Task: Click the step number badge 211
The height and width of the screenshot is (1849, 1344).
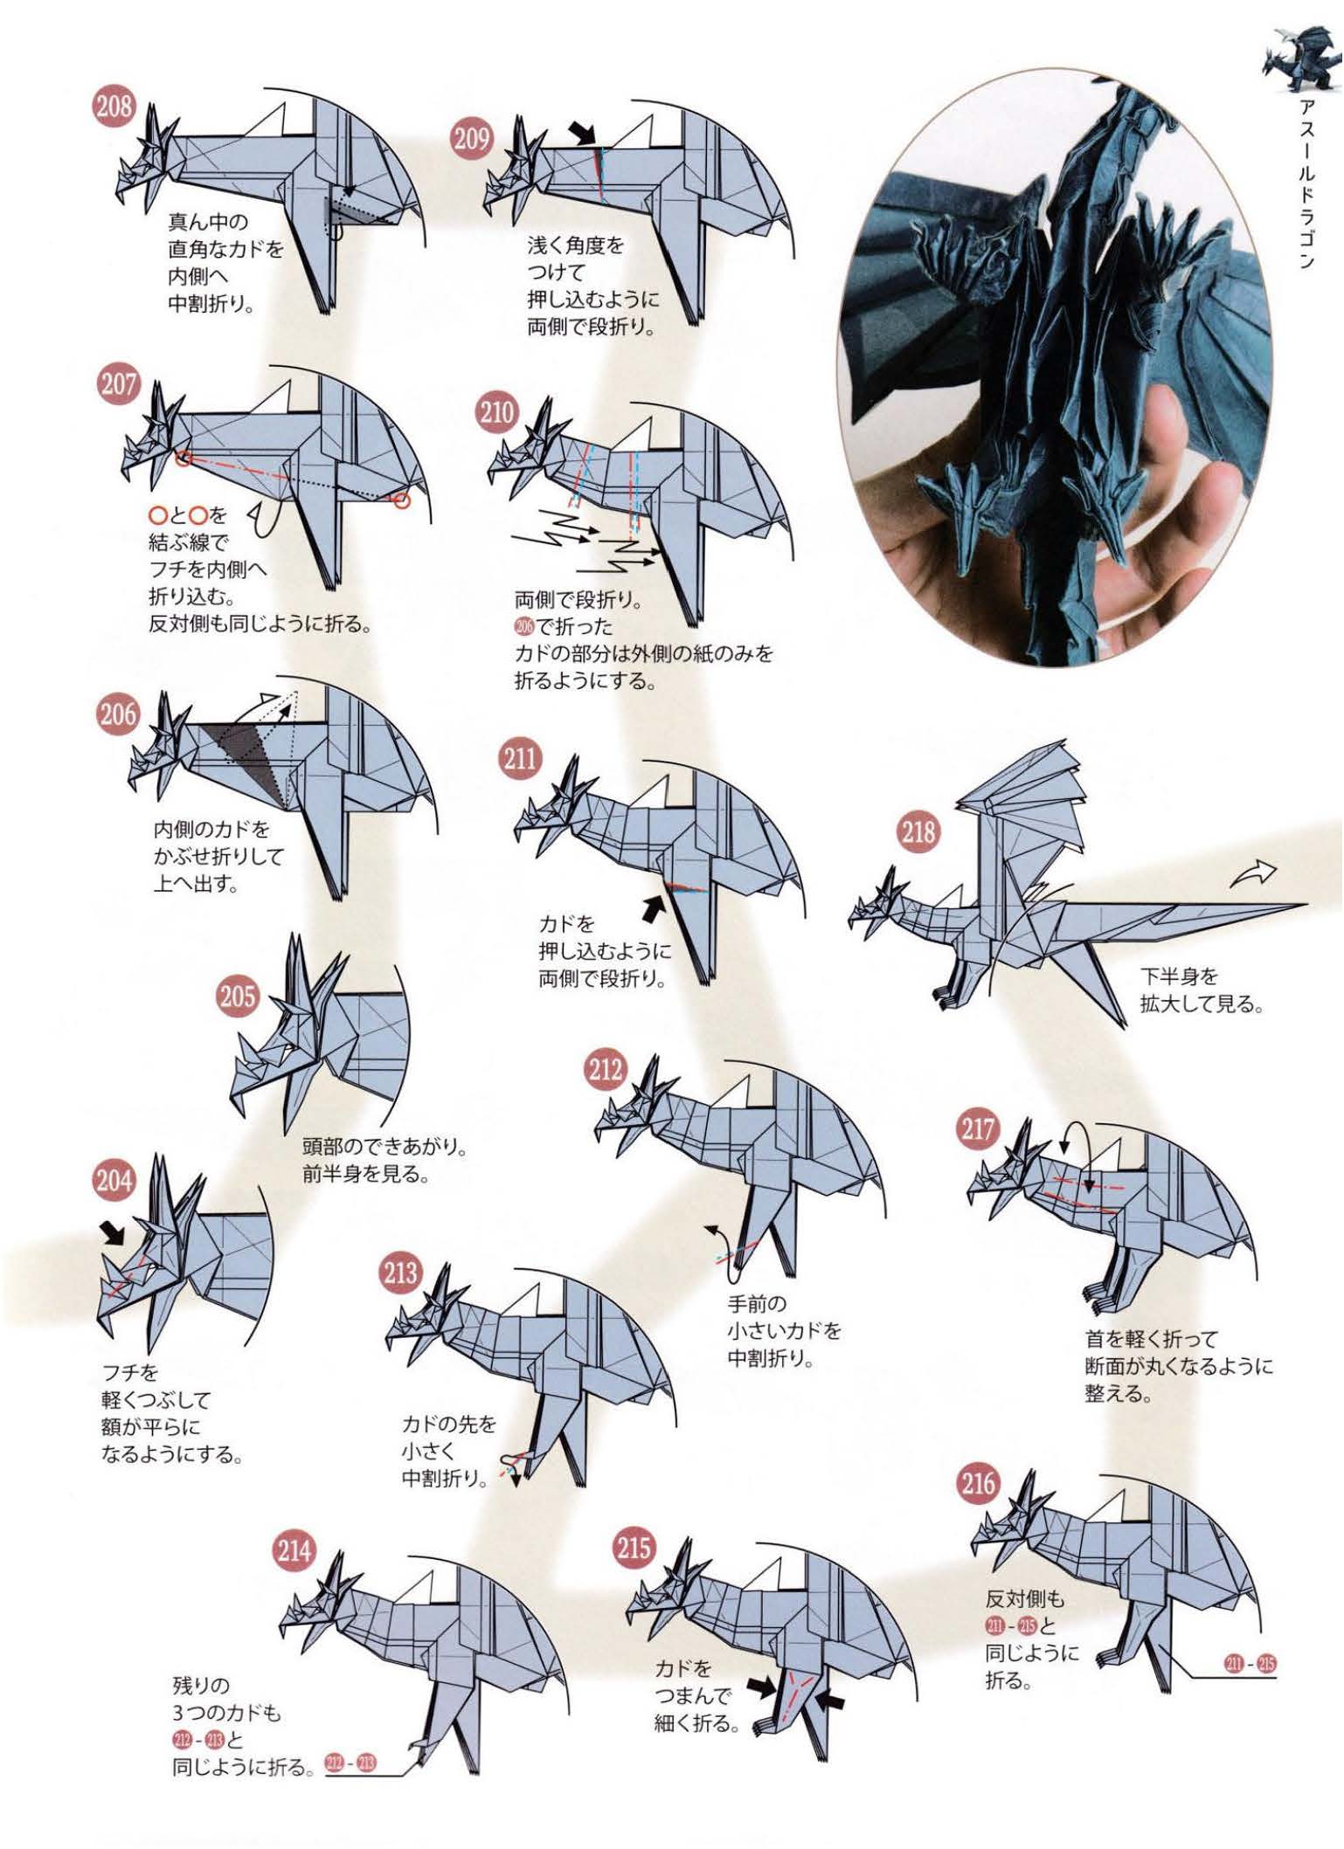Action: click(x=520, y=757)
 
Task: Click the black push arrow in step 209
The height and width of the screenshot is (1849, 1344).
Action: click(x=580, y=134)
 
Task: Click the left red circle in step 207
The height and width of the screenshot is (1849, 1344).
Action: click(x=183, y=458)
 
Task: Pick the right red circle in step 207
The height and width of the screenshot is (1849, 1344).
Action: click(x=401, y=500)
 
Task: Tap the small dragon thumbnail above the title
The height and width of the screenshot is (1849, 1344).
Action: click(x=1294, y=59)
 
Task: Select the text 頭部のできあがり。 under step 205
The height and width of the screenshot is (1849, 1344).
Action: click(x=384, y=1145)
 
